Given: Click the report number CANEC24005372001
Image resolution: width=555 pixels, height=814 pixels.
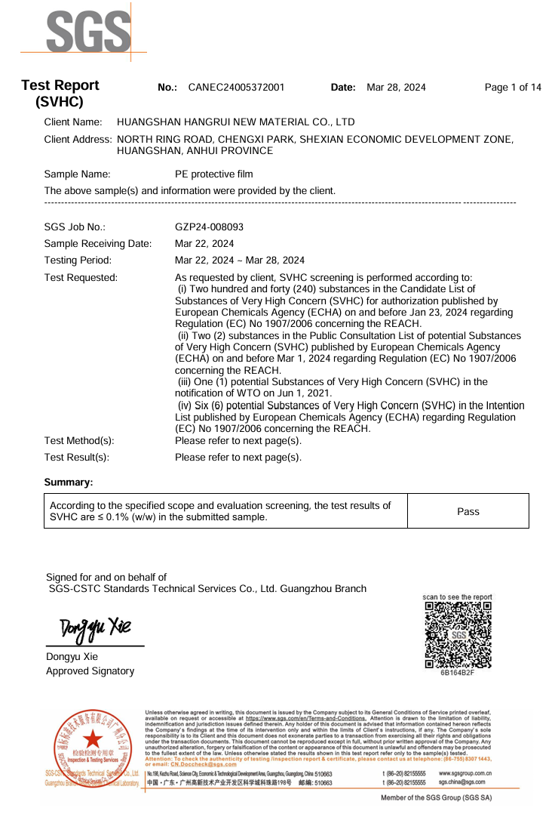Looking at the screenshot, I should [x=236, y=88].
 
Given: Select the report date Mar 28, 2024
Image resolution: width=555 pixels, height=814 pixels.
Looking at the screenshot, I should [x=396, y=88].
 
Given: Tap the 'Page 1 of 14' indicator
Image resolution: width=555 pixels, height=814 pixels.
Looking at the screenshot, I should [x=513, y=88].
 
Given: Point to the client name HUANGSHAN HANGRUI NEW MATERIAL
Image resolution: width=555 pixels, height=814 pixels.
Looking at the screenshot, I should [x=236, y=122].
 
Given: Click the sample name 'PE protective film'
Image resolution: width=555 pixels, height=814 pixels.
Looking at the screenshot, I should [x=213, y=174].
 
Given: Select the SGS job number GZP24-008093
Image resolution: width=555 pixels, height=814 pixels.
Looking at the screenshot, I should [x=209, y=227].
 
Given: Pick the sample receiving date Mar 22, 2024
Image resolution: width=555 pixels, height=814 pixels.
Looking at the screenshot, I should [x=204, y=243].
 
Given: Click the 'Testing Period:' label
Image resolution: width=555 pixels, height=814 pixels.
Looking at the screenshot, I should [x=78, y=260].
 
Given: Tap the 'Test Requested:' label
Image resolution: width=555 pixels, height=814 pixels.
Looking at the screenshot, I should [x=81, y=277].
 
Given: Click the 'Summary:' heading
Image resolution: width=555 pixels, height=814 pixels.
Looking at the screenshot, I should [x=69, y=482].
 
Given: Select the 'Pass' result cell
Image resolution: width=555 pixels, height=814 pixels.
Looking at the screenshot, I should [x=468, y=511].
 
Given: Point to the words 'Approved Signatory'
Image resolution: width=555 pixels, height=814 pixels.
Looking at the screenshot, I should [x=90, y=671].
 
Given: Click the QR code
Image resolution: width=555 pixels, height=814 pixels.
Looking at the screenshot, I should [x=458, y=634].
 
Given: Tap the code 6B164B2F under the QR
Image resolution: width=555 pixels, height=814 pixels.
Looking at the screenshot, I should [x=458, y=673].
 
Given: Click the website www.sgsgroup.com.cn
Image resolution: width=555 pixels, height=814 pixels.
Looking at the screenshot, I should [x=465, y=774].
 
